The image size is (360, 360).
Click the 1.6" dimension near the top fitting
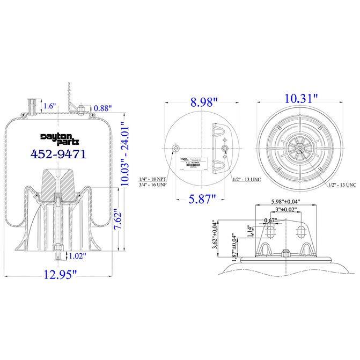pos(49,106)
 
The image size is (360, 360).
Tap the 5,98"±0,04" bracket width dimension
pos(285,201)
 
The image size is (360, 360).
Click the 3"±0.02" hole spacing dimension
pos(284,209)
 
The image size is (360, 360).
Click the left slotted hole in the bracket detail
pos(271,232)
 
